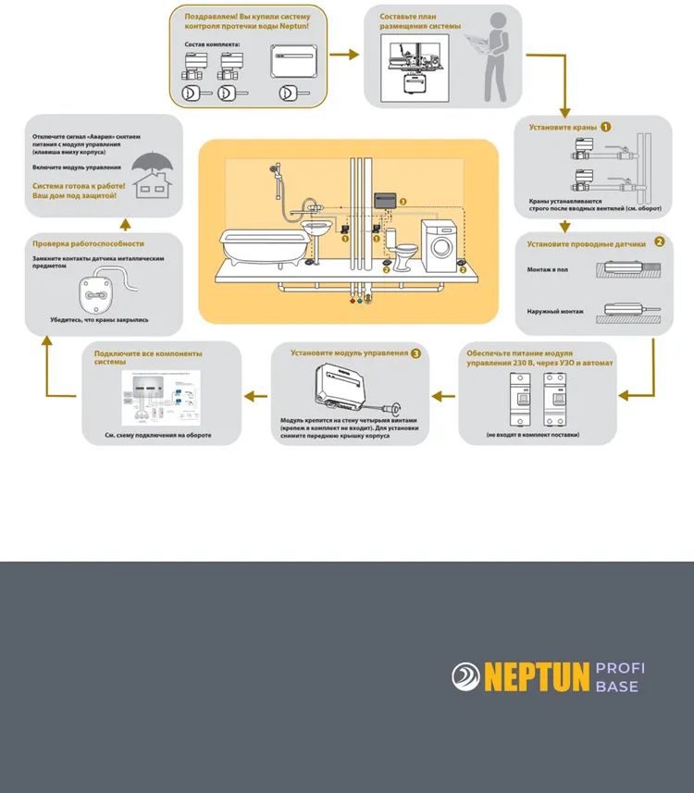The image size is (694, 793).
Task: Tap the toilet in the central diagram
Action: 404,253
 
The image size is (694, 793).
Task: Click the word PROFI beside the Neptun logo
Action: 620,668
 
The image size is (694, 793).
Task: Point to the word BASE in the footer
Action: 617,687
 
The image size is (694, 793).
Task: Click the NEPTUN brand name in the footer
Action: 537,677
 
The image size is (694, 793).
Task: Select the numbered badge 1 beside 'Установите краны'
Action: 605,126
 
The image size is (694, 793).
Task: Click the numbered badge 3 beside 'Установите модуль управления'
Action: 416,353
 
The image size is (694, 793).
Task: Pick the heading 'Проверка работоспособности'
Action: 88,243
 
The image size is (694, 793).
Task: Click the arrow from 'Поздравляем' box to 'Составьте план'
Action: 344,55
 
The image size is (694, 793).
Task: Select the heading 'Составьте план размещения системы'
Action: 419,21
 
